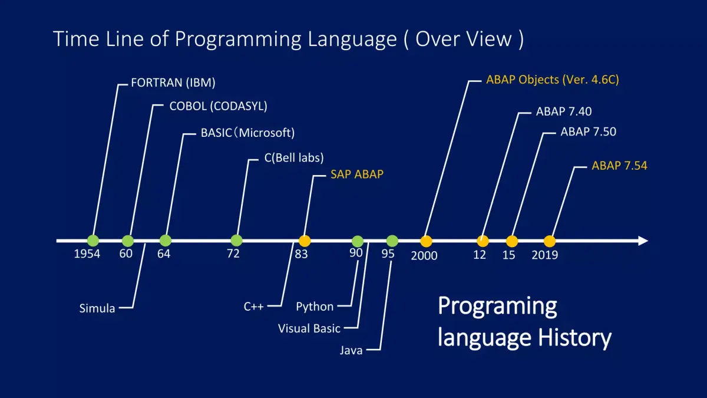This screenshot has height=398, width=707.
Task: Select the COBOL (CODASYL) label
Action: (x=218, y=107)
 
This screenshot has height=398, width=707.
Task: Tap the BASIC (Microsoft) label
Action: (x=247, y=133)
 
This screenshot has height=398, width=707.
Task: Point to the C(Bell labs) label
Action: (x=294, y=157)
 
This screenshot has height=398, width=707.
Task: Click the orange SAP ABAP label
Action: (x=356, y=175)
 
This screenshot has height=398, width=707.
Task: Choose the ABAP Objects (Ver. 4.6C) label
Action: (x=552, y=80)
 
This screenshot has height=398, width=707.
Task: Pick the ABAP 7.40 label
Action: (x=564, y=111)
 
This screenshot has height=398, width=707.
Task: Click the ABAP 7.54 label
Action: (x=619, y=166)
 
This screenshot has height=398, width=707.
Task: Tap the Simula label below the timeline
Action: (x=97, y=308)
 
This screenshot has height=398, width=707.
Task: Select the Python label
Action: (x=315, y=307)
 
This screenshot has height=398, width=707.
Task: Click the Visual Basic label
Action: (x=309, y=328)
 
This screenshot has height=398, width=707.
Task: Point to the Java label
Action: (x=351, y=351)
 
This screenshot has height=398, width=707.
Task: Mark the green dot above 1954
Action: (x=93, y=241)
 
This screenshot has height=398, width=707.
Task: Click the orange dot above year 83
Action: (x=304, y=241)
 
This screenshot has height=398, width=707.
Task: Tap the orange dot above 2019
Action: (x=549, y=241)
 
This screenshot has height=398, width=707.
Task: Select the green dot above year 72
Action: (x=236, y=241)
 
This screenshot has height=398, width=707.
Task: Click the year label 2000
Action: (x=424, y=256)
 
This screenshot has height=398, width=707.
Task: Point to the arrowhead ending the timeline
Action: (x=643, y=241)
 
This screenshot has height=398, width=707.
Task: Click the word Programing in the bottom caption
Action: (x=497, y=307)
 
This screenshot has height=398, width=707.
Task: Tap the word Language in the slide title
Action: (x=352, y=39)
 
